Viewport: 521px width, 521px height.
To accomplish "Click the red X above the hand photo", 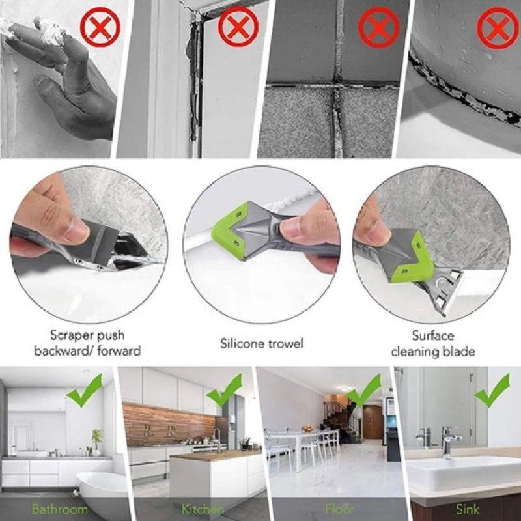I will coord(100,27).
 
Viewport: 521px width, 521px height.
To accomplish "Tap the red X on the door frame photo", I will coord(238,29).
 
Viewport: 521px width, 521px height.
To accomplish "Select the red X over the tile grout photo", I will coord(379,29).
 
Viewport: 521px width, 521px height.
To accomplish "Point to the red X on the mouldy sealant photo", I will coord(497,29).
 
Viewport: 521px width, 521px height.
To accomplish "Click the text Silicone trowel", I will coord(262,343).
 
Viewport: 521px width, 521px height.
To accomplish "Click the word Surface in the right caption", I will coord(432,336).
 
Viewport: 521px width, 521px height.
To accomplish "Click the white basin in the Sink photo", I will coord(456,472).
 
